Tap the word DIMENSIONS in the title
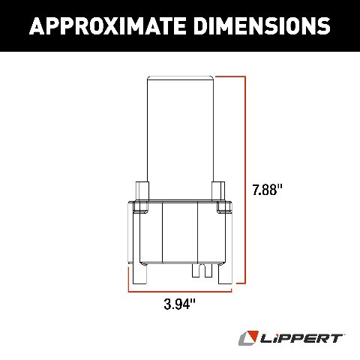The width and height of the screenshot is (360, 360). (x=255, y=25)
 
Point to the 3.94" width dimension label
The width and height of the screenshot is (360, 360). (x=180, y=304)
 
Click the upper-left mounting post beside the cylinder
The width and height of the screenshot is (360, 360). (x=141, y=190)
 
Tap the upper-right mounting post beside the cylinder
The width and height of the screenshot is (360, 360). (x=218, y=190)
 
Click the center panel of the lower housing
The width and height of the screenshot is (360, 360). (x=180, y=232)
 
